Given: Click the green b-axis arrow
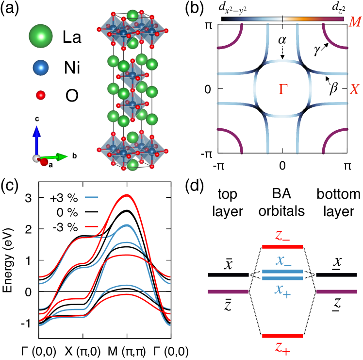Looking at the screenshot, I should tap(57, 157).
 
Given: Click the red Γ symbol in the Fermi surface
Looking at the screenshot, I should tap(282, 89).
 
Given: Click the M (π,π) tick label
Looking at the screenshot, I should tap(127, 349).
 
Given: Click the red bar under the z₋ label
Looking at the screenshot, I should tap(282, 247).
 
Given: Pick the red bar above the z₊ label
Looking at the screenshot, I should tap(282, 336).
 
